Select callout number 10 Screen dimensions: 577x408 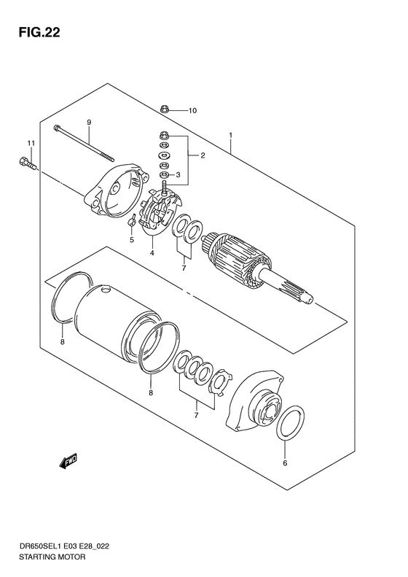click(x=193, y=111)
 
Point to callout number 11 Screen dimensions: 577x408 click(x=31, y=142)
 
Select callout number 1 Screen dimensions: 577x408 click(x=230, y=135)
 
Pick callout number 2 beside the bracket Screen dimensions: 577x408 click(x=202, y=155)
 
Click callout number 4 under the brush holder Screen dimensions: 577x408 click(x=152, y=253)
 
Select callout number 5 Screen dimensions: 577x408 click(x=132, y=239)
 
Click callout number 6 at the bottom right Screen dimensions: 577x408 click(x=285, y=462)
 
